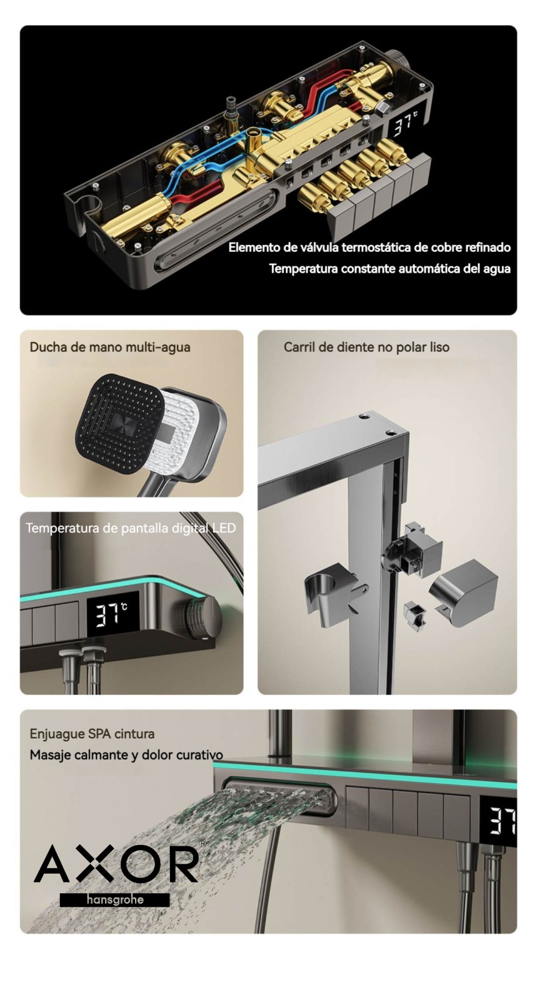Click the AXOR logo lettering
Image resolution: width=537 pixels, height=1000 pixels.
[116, 864]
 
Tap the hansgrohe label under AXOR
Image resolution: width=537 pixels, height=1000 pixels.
[115, 899]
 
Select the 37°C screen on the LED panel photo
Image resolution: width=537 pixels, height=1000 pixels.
[112, 616]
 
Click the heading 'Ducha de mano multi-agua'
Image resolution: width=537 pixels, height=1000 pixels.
[110, 347]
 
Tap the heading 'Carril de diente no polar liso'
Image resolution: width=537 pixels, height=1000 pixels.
[366, 347]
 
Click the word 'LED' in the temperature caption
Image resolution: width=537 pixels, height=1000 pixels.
[224, 528]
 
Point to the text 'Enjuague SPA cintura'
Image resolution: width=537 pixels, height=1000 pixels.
[92, 734]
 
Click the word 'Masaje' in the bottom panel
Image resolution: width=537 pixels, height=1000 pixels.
[50, 755]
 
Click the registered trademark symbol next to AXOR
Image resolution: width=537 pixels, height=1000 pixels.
[203, 843]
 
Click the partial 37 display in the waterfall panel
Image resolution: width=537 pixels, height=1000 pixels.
[503, 821]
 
